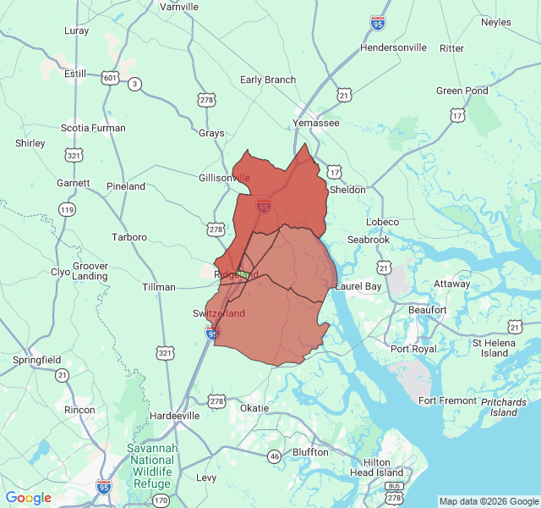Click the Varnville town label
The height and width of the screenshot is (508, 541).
pyautogui.click(x=179, y=7)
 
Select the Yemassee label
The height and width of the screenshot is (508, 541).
pyautogui.click(x=315, y=123)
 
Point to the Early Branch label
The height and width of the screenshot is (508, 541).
pyautogui.click(x=268, y=80)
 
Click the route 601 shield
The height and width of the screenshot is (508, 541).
pyautogui.click(x=111, y=78)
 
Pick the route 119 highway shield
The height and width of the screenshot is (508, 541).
pyautogui.click(x=67, y=208)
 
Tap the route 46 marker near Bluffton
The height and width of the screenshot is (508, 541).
pyautogui.click(x=274, y=456)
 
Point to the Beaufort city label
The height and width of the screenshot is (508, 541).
pyautogui.click(x=427, y=310)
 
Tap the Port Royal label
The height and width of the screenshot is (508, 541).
pyautogui.click(x=413, y=349)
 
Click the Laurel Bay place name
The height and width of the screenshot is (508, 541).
pyautogui.click(x=358, y=287)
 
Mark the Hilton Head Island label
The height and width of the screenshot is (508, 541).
pyautogui.click(x=382, y=467)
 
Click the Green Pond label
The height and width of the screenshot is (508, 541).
pyautogui.click(x=462, y=91)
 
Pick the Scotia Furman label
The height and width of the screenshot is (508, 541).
pyautogui.click(x=93, y=129)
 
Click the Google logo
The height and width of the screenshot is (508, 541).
pyautogui.click(x=28, y=498)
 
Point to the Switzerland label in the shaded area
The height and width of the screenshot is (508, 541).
pyautogui.click(x=219, y=313)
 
